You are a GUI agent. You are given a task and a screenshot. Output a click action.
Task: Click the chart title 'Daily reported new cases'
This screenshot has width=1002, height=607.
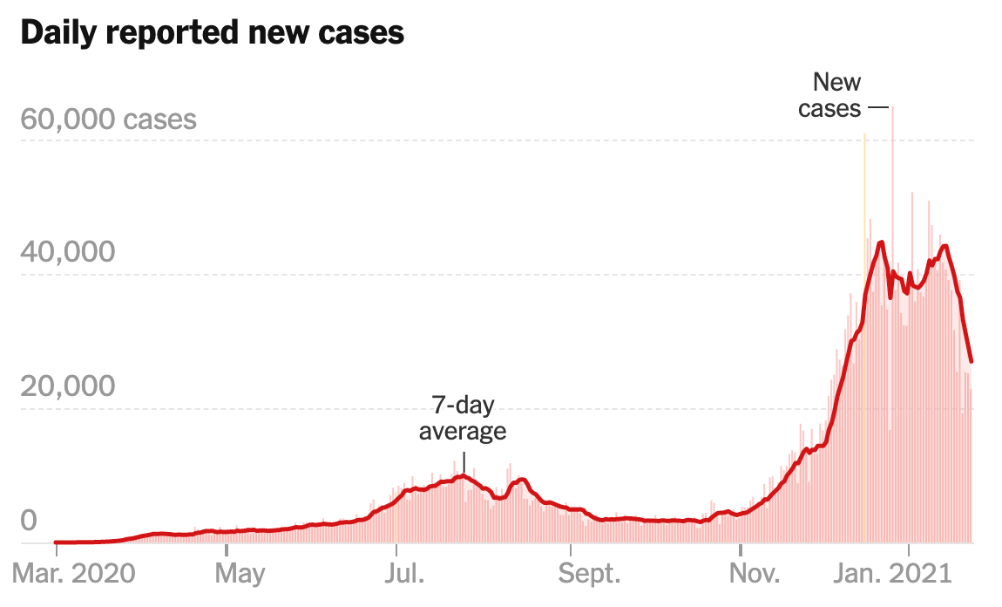pyautogui.click(x=212, y=32)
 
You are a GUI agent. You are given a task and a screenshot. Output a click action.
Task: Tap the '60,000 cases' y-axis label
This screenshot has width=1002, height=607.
pyautogui.click(x=108, y=119)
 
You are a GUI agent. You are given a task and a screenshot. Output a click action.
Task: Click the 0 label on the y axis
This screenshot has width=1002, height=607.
pyautogui.click(x=29, y=521)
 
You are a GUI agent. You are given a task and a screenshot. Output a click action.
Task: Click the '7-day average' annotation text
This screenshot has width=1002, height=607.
pyautogui.click(x=463, y=419)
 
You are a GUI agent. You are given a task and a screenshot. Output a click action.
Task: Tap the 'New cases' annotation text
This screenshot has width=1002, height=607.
pyautogui.click(x=831, y=95)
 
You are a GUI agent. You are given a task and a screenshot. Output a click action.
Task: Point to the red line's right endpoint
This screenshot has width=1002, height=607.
pyautogui.click(x=972, y=361)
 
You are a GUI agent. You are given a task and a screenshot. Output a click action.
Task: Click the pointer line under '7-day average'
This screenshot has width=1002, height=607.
pyautogui.click(x=464, y=460)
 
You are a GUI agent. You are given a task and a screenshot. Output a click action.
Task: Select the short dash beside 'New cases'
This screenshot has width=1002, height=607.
pyautogui.click(x=877, y=108)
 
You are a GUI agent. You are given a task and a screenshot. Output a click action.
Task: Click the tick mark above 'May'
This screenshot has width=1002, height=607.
pyautogui.click(x=226, y=549)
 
